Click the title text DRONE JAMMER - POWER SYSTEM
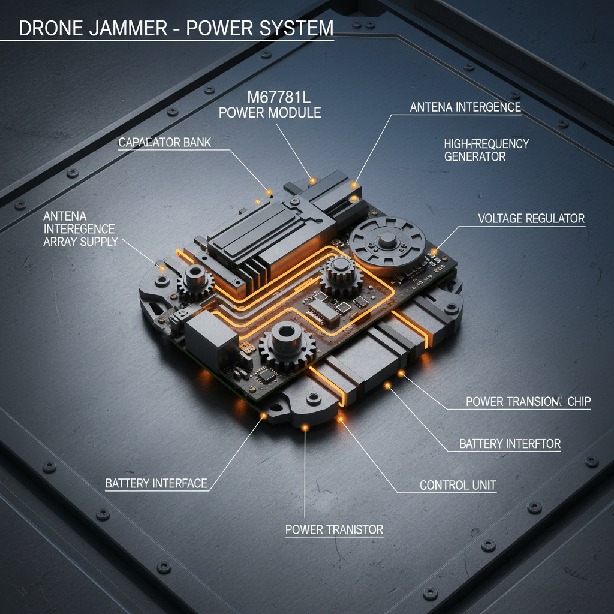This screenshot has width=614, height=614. click(176, 29)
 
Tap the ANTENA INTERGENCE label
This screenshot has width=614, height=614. click(465, 107)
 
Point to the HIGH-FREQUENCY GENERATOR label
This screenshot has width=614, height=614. click(486, 150)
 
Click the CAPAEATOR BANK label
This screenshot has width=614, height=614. click(165, 143)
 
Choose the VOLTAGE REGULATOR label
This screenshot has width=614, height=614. click(531, 218)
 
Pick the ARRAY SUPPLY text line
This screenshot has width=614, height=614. click(80, 242)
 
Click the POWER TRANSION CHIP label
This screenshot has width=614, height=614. click(528, 402)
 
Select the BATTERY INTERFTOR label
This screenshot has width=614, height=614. click(510, 444)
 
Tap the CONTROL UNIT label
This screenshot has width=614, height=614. click(458, 484)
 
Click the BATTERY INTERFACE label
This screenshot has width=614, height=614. click(156, 483)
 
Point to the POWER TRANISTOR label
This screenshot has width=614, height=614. click(334, 529)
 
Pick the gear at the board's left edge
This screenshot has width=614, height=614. click(193, 280)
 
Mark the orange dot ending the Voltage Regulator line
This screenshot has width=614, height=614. click(434, 252)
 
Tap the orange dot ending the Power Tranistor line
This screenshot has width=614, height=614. click(305, 427)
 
